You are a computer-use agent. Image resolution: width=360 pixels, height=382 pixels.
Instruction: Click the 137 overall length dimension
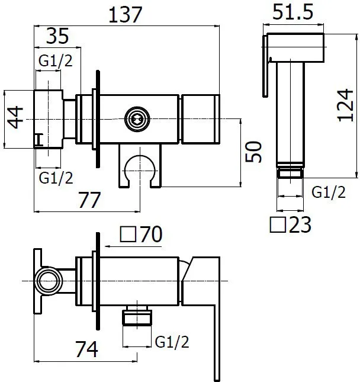[125, 15]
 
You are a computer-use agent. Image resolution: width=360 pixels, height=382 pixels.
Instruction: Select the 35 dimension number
[57, 36]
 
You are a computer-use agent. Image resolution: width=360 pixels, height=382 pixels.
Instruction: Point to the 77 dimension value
[89, 200]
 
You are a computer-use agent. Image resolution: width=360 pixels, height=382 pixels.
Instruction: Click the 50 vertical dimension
[253, 152]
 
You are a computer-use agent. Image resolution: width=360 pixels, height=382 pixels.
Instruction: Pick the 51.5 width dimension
[292, 12]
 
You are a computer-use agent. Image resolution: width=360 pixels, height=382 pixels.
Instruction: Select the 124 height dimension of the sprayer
[345, 105]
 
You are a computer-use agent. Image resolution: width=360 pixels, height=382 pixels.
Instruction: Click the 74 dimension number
[86, 349]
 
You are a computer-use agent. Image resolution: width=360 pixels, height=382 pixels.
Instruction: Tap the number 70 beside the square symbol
[151, 234]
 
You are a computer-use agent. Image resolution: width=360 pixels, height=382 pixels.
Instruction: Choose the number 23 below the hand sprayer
[300, 224]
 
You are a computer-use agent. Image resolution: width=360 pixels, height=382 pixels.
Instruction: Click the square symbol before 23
[278, 224]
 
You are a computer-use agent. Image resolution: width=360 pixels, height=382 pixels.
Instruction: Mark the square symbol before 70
[128, 234]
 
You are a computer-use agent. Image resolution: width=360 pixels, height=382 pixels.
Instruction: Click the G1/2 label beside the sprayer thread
[329, 192]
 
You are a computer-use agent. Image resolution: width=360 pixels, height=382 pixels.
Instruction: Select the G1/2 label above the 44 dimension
[56, 60]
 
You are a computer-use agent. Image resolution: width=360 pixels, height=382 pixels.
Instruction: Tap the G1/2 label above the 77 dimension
[56, 178]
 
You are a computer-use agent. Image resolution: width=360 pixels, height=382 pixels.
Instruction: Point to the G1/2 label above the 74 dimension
[172, 342]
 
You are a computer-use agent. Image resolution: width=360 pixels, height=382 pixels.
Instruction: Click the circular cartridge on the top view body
[137, 119]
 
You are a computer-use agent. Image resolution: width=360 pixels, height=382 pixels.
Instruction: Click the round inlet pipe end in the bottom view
[49, 281]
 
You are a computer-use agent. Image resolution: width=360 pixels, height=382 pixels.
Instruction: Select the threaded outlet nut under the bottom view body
[137, 316]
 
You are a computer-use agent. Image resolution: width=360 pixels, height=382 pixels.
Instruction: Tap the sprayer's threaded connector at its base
[290, 172]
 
